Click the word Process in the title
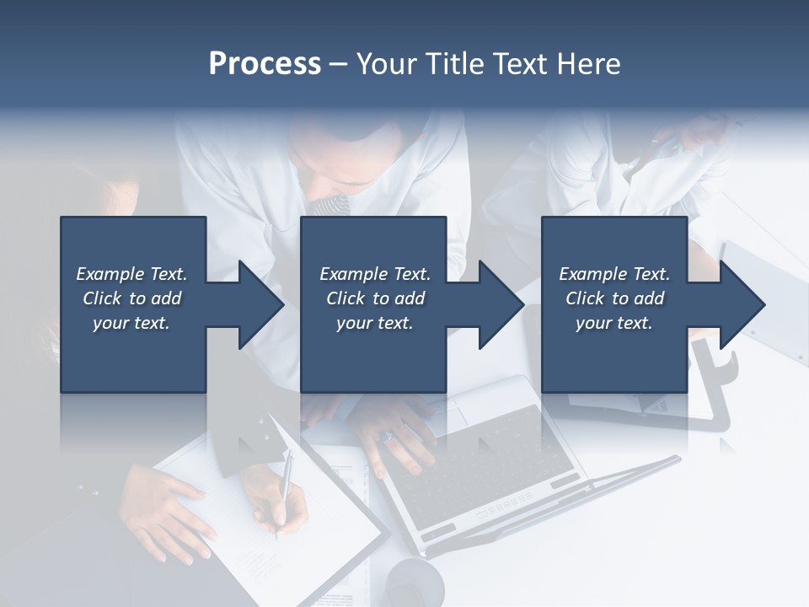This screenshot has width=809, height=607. [265, 64]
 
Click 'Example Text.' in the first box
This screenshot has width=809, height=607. [131, 274]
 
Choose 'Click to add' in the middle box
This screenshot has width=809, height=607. [375, 298]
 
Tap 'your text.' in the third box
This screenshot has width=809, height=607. [614, 323]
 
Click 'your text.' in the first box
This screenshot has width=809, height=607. [131, 323]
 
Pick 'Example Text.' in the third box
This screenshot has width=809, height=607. [614, 274]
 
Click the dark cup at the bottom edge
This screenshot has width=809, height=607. [415, 582]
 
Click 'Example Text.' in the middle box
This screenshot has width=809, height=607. [375, 274]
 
